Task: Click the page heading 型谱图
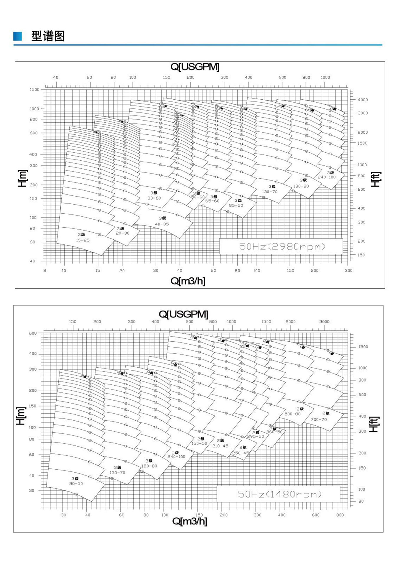point(48,36)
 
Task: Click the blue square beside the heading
point(18,36)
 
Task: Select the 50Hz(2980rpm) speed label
point(282,246)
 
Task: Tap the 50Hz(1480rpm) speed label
point(279,494)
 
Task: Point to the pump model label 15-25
point(83,240)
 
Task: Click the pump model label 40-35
point(162,224)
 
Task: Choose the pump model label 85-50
point(236,205)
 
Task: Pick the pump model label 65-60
point(212,201)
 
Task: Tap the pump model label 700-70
point(319,419)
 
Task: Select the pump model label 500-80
point(292,414)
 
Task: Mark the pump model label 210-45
point(220,446)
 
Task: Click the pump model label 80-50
point(76,483)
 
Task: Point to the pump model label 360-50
point(274,432)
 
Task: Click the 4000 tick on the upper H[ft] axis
point(363,100)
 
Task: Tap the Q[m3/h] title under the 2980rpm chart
point(188,281)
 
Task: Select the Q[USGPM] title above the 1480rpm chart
point(183,314)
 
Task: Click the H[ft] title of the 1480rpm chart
point(374,424)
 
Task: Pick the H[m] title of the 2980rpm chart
point(23,178)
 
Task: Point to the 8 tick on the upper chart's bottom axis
point(45,271)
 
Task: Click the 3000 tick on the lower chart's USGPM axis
point(324,322)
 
